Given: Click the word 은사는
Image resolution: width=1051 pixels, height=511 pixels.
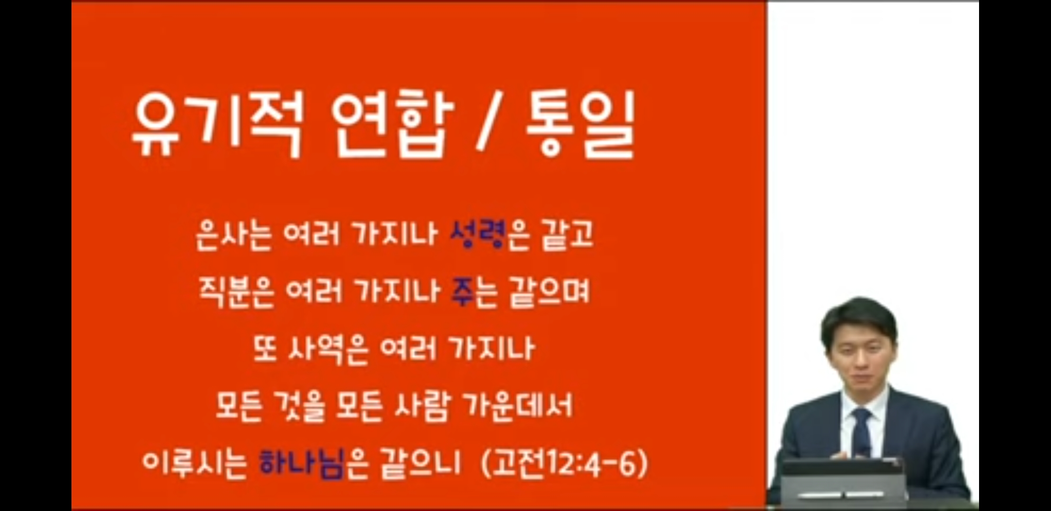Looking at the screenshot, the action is click(234, 235).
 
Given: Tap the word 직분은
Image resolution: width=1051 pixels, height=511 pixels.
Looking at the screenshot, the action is click(237, 292).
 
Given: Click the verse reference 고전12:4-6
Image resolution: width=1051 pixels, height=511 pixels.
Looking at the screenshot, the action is click(563, 463).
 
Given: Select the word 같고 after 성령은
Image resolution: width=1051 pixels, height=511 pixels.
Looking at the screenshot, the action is click(567, 235).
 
